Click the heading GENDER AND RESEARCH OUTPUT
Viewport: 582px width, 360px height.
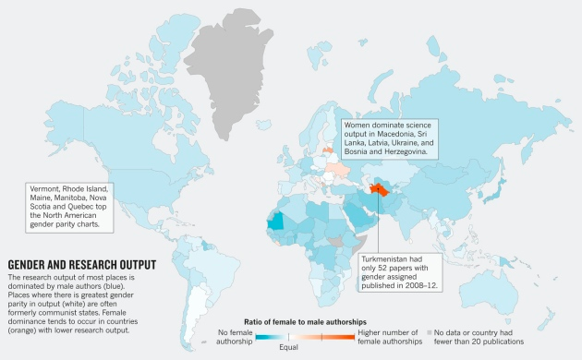click(x=81, y=264)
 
